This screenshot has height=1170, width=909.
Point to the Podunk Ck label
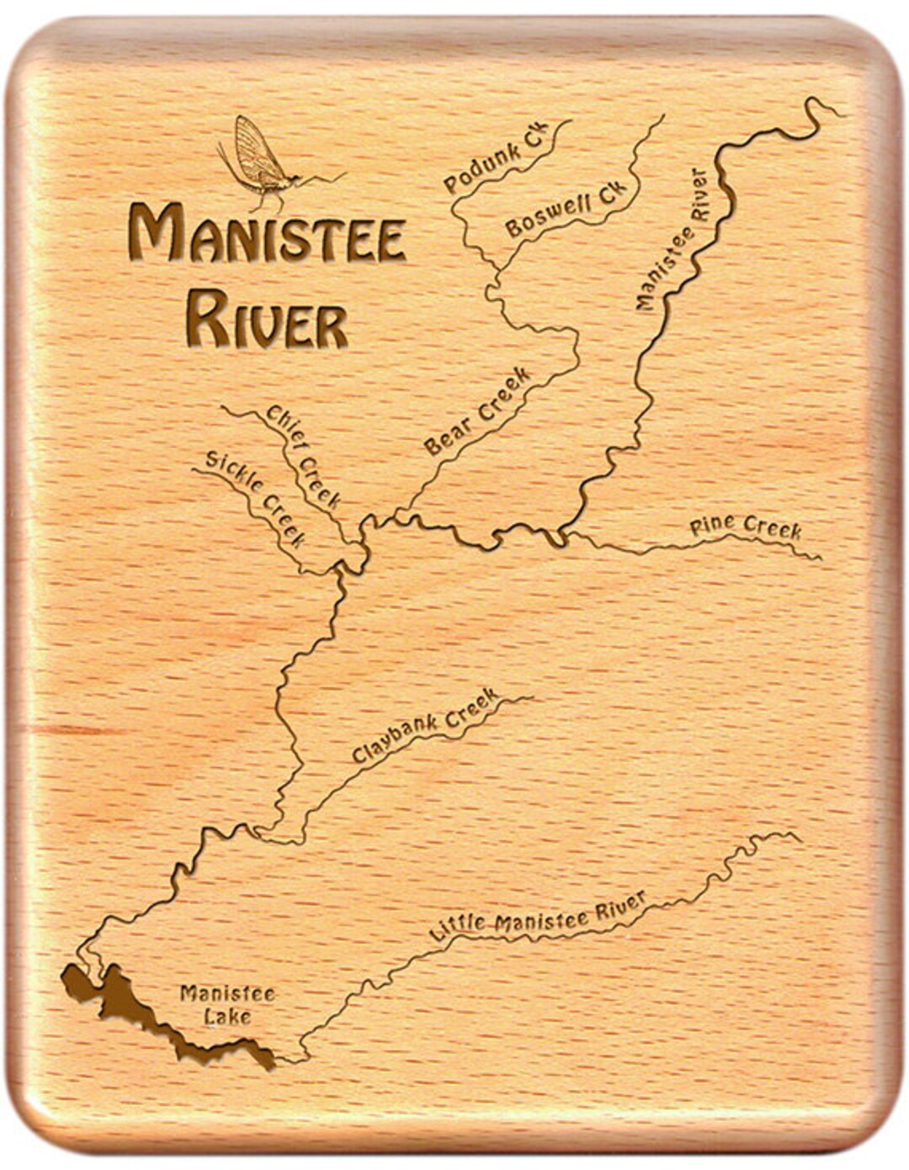pos(495,157)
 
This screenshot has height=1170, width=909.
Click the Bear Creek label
pos(477,411)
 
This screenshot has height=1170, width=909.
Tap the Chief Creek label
pos(304,456)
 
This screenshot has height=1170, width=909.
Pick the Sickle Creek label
pos(255,498)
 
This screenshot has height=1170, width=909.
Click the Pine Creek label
pos(745,527)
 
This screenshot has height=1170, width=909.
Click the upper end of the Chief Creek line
pos(223,408)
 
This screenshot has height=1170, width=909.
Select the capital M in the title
pos(154,233)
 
